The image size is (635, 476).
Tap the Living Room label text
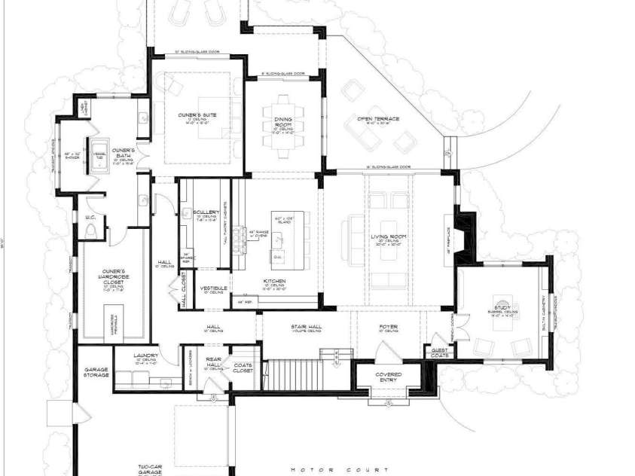click(x=389, y=238)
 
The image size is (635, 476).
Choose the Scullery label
click(x=205, y=212)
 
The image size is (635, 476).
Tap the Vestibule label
click(x=214, y=288)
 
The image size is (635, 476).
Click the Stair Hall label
click(x=305, y=326)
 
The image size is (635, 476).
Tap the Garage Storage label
click(x=96, y=371)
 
